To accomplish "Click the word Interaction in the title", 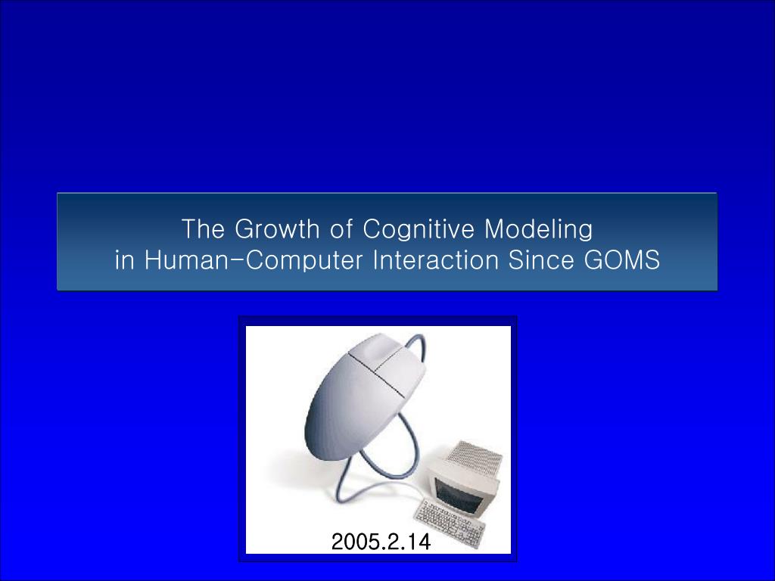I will pyautogui.click(x=436, y=260).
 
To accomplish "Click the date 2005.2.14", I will pyautogui.click(x=380, y=542).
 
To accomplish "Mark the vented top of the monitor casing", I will pyautogui.click(x=473, y=459).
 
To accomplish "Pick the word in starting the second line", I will pyautogui.click(x=124, y=260).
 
